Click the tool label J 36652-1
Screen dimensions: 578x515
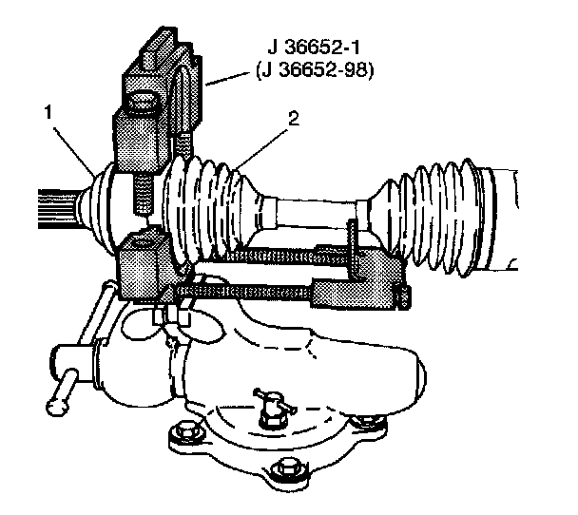pyautogui.click(x=315, y=48)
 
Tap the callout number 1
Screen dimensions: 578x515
pyautogui.click(x=48, y=112)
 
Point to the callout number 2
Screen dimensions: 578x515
pyautogui.click(x=294, y=119)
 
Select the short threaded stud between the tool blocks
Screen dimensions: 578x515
pyautogui.click(x=142, y=195)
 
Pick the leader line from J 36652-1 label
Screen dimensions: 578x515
pyautogui.click(x=227, y=79)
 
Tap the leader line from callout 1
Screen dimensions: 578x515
pyautogui.click(x=73, y=151)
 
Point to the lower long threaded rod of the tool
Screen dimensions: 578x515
pyautogui.click(x=244, y=292)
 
